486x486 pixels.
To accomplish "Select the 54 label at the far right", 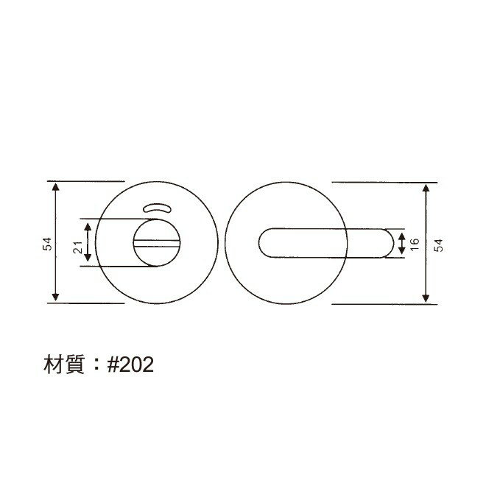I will pos(440,244).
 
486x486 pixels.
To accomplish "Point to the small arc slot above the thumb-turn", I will pos(155,209).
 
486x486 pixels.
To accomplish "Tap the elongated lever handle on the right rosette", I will pos(324,243).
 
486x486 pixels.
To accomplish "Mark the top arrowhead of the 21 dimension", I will pos(88,225).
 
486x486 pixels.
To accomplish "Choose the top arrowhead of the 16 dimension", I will pos(402,234).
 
